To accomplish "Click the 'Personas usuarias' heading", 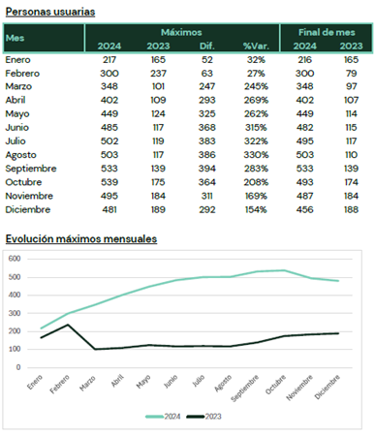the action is click(x=50, y=12).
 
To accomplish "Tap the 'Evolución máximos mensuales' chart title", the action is click(x=81, y=239).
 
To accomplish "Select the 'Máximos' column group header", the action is click(x=181, y=32).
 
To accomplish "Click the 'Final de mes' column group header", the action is click(x=327, y=32).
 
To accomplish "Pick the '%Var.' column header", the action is click(x=256, y=46).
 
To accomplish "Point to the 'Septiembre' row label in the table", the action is click(x=31, y=169).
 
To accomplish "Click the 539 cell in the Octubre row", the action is click(x=109, y=182).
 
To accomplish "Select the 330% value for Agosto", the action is click(x=256, y=155).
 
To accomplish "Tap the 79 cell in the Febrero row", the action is click(x=351, y=74).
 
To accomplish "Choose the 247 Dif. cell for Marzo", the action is click(x=206, y=86).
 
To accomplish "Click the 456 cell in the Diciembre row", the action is click(x=304, y=209).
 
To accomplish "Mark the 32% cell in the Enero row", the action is click(x=256, y=60).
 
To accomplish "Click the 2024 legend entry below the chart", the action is click(x=163, y=417).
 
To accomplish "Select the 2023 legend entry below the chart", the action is click(x=203, y=417).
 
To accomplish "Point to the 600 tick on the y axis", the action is click(x=15, y=259).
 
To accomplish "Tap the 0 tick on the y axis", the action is click(x=18, y=367).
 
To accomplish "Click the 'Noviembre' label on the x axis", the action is click(x=299, y=388).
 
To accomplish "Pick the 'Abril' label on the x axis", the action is click(x=117, y=381).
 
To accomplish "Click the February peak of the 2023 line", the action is click(x=68, y=325).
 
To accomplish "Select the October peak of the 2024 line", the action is click(x=284, y=270).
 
